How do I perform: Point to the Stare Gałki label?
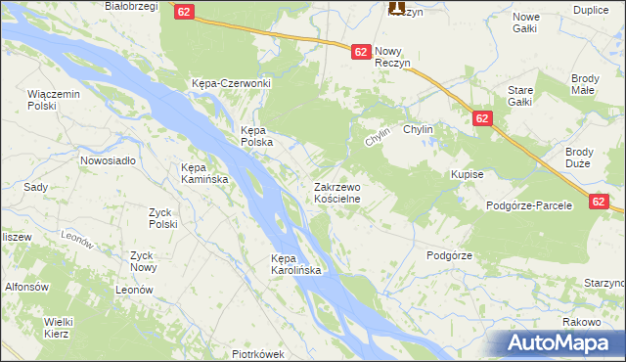coord(519,95)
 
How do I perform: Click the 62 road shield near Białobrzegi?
coord(186,12)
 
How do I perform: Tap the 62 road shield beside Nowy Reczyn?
coord(360,52)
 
